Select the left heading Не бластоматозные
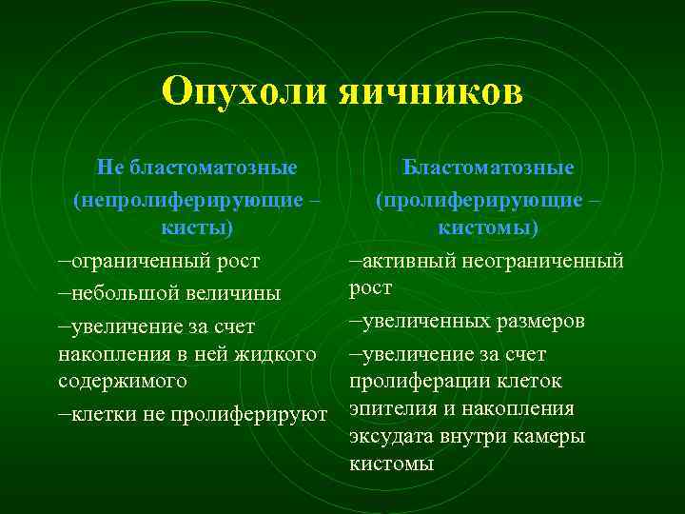197,168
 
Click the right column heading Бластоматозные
488,168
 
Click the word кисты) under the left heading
197,228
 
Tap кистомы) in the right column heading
488,228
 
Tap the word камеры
552,436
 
